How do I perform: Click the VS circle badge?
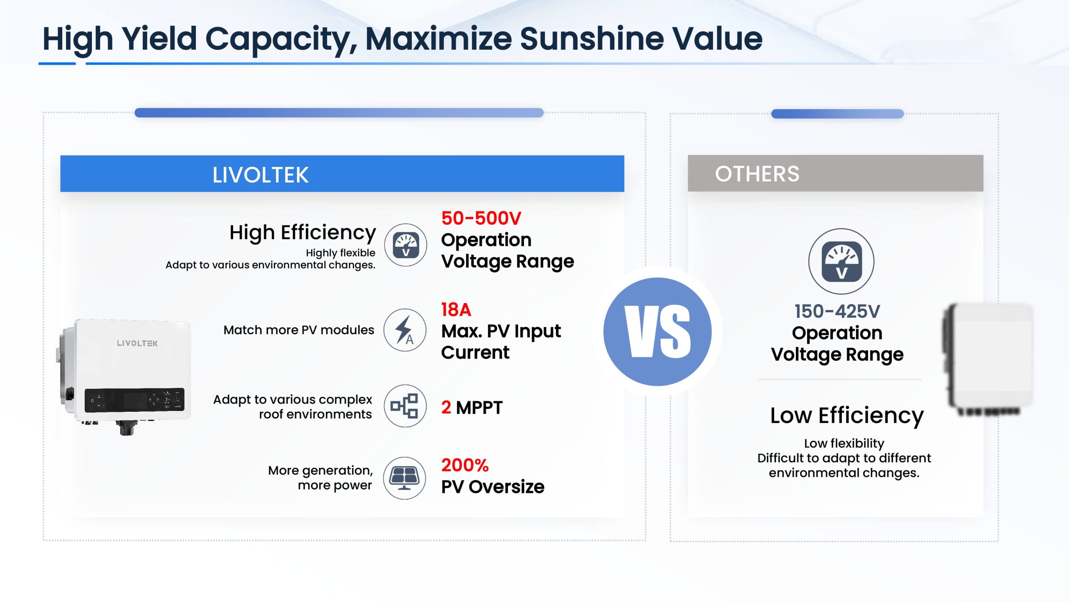pyautogui.click(x=657, y=332)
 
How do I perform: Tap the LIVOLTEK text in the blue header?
pyautogui.click(x=261, y=175)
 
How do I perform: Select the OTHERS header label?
pyautogui.click(x=757, y=173)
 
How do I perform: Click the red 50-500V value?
pyautogui.click(x=481, y=218)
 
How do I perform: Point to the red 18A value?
pyautogui.click(x=456, y=310)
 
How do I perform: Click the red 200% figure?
pyautogui.click(x=465, y=465)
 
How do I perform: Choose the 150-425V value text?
pyautogui.click(x=837, y=311)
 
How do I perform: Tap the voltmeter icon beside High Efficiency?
pyautogui.click(x=405, y=245)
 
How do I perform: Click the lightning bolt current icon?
pyautogui.click(x=405, y=330)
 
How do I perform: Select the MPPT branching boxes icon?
pyautogui.click(x=405, y=406)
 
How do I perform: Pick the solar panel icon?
pyautogui.click(x=405, y=478)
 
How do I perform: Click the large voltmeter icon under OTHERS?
pyautogui.click(x=841, y=261)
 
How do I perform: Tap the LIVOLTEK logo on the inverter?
pyautogui.click(x=137, y=343)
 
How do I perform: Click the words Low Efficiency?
pyautogui.click(x=847, y=416)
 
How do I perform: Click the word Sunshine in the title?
pyautogui.click(x=592, y=38)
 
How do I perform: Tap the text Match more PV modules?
pyautogui.click(x=299, y=330)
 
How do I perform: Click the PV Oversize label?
pyautogui.click(x=493, y=487)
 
